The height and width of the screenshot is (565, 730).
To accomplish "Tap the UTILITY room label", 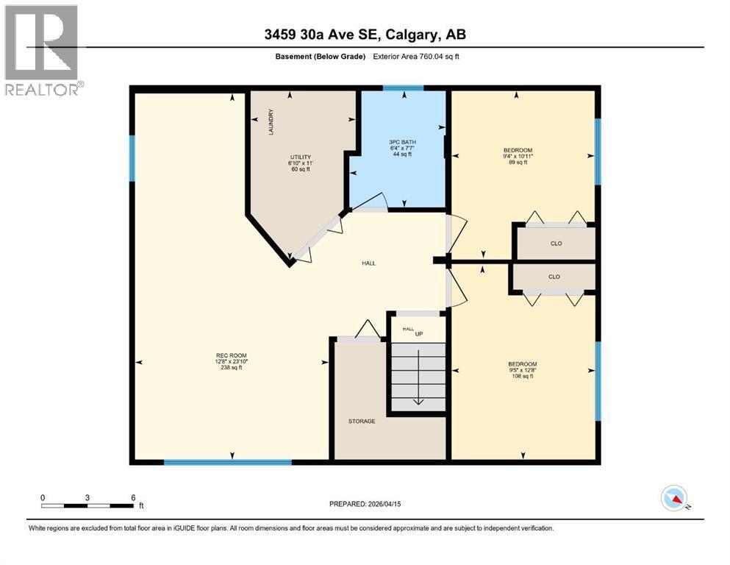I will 300,157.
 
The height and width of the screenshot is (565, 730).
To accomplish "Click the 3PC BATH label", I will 402,141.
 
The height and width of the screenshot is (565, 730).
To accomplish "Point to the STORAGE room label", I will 362,422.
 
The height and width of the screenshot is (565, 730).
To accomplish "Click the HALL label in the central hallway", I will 368,263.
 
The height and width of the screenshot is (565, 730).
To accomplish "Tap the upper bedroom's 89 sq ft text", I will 523,163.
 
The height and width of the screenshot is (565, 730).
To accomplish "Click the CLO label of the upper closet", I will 556,244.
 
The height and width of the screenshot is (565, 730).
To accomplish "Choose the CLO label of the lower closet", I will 554,277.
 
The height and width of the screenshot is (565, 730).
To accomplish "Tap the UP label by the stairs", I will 419,334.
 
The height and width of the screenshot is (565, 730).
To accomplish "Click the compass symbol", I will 674,500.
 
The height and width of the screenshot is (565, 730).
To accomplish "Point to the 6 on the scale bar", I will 133,497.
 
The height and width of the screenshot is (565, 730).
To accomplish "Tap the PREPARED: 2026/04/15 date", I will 365,504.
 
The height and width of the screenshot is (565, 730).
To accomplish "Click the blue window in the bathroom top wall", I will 403,88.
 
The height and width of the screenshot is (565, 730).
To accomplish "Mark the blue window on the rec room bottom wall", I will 227,462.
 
